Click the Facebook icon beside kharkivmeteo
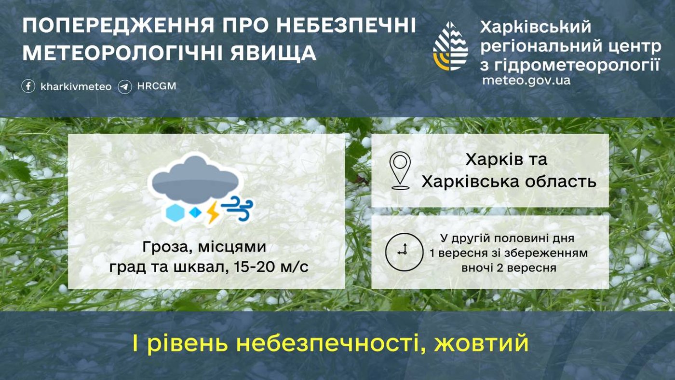28,86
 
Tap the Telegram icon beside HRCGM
125,87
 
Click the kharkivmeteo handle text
76,87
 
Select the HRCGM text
157,86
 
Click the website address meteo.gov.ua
526,80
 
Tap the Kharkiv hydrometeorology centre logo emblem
450,46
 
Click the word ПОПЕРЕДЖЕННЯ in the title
114,26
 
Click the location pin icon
400,170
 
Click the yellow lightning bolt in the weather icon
212,212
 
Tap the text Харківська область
509,182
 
